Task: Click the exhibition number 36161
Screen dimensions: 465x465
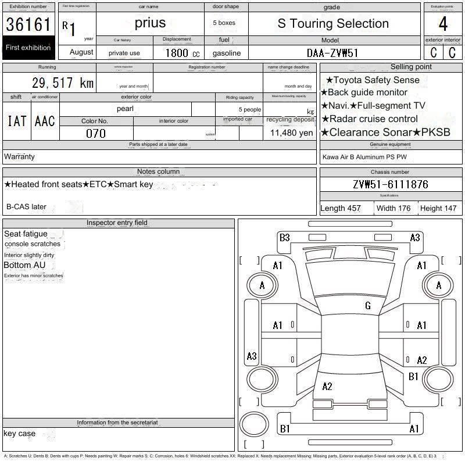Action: (x=28, y=24)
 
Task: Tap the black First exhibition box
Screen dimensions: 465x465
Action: (x=28, y=48)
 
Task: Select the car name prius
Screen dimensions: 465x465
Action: (x=150, y=23)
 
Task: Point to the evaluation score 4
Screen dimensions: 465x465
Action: (x=443, y=24)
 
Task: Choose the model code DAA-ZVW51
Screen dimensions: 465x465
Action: (x=332, y=53)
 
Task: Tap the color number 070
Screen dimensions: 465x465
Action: (x=95, y=133)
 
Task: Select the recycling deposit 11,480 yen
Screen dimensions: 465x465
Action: (x=291, y=133)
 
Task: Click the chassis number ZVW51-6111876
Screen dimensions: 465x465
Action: (x=391, y=184)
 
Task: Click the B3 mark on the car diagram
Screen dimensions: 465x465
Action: (x=284, y=238)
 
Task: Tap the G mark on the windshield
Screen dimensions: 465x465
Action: (x=368, y=306)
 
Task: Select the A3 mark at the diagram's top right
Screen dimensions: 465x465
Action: (x=415, y=238)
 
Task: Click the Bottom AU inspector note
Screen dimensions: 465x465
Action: (x=24, y=265)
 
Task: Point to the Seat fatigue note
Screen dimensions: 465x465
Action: (x=26, y=234)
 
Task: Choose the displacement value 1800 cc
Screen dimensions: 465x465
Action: (x=182, y=53)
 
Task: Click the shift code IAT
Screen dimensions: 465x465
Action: (x=17, y=121)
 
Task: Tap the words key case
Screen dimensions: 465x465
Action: (x=19, y=433)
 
